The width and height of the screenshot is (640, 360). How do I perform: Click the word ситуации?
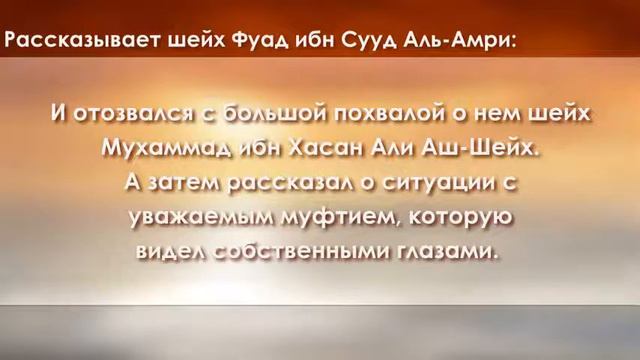pos(430,183)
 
